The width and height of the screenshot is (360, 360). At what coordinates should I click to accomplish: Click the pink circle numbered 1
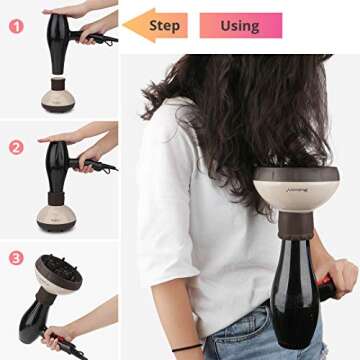coord(15,26)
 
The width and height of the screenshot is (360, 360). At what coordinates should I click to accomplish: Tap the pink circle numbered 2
coord(15,147)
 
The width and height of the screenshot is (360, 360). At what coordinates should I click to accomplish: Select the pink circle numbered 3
coord(15,256)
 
